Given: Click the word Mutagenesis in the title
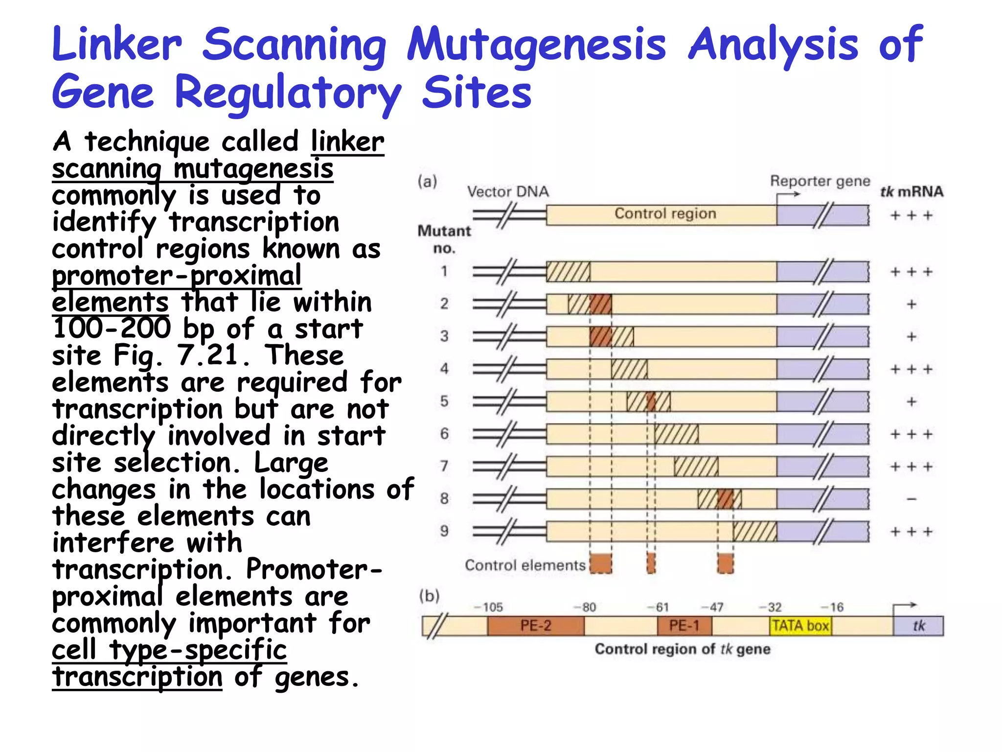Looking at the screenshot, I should click(x=536, y=45).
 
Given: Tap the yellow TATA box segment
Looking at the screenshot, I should click(x=800, y=626).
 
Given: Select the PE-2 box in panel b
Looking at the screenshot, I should click(x=536, y=626).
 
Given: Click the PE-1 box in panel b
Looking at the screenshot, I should click(x=684, y=626).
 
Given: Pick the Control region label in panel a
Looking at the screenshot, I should click(x=665, y=214).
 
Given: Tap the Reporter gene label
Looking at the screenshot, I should click(x=820, y=181).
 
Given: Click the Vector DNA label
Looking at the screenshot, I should click(x=508, y=191).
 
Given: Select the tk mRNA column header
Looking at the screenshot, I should click(x=911, y=191).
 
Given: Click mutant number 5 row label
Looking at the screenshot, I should click(x=444, y=401).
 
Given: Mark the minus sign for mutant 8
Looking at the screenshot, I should click(x=911, y=499).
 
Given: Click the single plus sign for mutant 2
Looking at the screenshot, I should click(x=911, y=305).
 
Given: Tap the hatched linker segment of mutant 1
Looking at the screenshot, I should click(x=568, y=272).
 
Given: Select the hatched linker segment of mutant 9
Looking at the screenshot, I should click(x=754, y=532).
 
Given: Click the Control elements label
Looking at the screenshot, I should click(x=525, y=565).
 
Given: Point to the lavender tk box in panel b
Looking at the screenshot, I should click(x=918, y=626).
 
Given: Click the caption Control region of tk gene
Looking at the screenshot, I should click(x=683, y=650).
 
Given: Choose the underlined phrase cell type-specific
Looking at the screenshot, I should click(x=169, y=650).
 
